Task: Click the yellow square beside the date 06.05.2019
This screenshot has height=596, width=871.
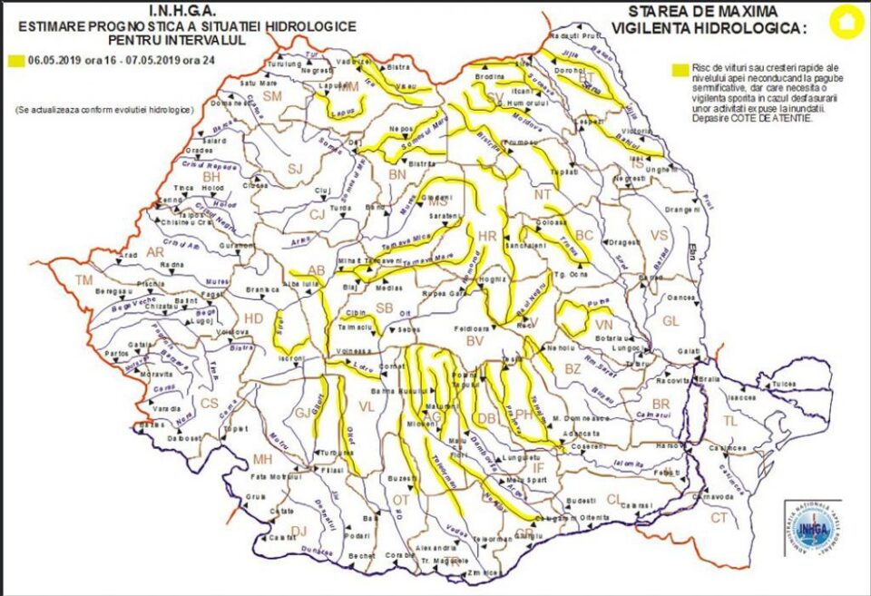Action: pyautogui.click(x=15, y=62)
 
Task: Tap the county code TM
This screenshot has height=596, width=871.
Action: pyautogui.click(x=84, y=279)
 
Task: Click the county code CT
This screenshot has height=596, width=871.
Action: pyautogui.click(x=719, y=518)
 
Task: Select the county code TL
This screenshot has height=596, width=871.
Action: pyautogui.click(x=730, y=421)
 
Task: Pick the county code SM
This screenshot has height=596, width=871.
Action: pyautogui.click(x=273, y=96)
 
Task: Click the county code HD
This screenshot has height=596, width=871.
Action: pyautogui.click(x=254, y=318)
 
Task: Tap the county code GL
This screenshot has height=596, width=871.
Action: pyautogui.click(x=670, y=321)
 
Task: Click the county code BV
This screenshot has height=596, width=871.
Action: pyautogui.click(x=474, y=341)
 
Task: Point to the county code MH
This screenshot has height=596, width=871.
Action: pyautogui.click(x=262, y=458)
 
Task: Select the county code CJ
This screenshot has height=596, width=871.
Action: pyautogui.click(x=317, y=214)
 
